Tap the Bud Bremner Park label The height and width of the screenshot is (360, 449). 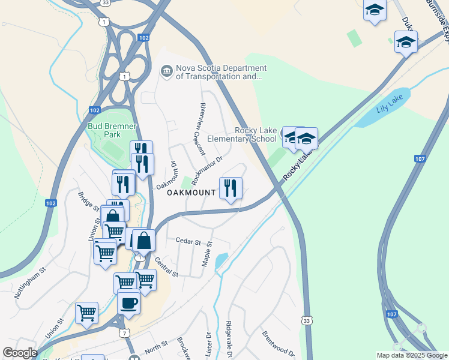112,131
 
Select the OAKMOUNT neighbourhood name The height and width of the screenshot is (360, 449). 191,193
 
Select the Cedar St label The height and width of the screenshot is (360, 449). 188,241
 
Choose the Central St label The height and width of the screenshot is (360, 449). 166,267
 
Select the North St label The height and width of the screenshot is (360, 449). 156,347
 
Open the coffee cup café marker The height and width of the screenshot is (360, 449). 128,303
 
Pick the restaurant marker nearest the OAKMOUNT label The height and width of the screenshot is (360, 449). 231,188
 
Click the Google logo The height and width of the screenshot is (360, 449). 20,353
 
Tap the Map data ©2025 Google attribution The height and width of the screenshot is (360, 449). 411,355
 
